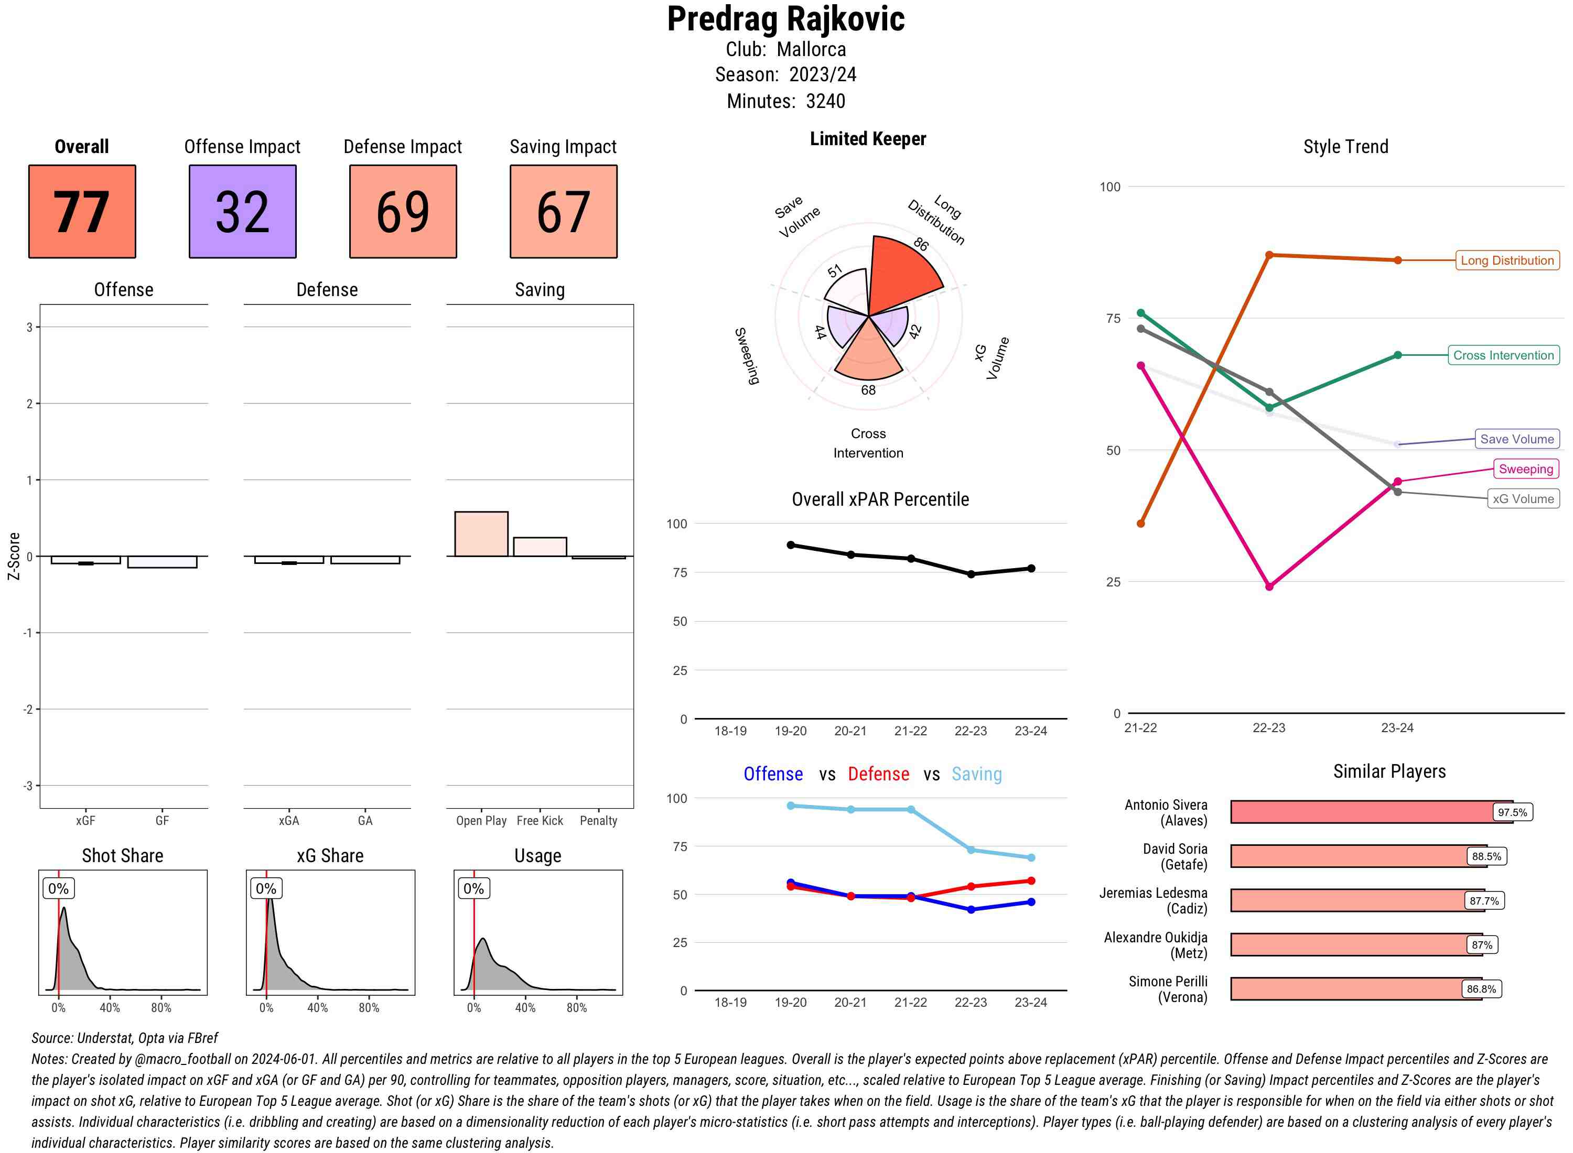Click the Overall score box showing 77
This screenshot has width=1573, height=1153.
(82, 212)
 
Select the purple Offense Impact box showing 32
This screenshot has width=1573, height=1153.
(242, 212)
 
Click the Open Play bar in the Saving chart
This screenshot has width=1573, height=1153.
(481, 534)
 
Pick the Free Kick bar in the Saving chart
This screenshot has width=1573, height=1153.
(540, 547)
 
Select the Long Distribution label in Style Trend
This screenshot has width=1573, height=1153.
(1507, 260)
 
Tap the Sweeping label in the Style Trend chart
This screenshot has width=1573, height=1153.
(1525, 469)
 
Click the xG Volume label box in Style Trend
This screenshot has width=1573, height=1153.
(1522, 499)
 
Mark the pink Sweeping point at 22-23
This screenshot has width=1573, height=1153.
(1268, 586)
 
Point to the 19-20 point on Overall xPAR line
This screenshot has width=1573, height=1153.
(790, 545)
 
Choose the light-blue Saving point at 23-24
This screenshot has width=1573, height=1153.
(1030, 857)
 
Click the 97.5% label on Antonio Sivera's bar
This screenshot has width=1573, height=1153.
(1512, 812)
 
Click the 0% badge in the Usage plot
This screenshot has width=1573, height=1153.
(473, 888)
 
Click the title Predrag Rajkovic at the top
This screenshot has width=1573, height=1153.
(785, 19)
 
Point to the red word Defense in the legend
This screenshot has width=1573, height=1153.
(878, 774)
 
